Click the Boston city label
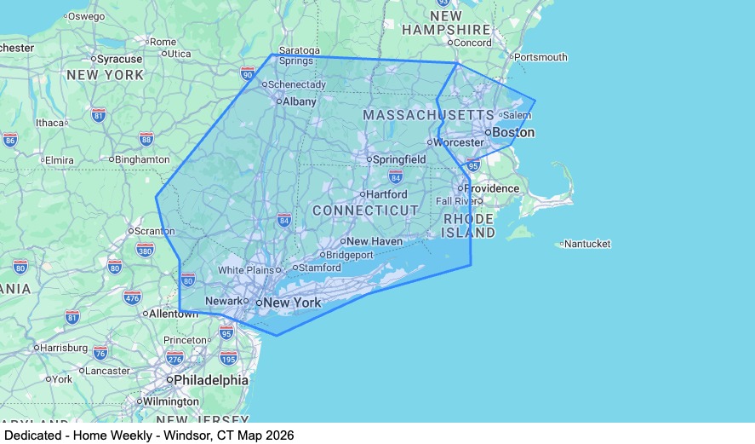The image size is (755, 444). [513, 132]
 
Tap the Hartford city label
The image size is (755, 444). [386, 194]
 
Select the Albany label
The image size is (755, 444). [299, 101]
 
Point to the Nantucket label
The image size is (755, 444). [587, 244]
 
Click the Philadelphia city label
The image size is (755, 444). [211, 380]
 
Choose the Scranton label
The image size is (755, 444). [155, 231]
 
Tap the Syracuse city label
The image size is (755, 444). [119, 59]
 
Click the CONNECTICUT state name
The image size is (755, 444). [365, 210]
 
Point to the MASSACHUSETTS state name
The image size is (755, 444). [428, 114]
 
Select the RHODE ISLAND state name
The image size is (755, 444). [469, 226]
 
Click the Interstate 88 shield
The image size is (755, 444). [146, 139]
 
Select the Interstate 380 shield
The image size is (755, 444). [145, 250]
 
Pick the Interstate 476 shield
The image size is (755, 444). [132, 297]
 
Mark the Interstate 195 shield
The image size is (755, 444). [228, 358]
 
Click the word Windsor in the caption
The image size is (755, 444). [195, 435]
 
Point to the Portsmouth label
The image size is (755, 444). [542, 57]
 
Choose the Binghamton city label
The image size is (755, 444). [142, 159]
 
